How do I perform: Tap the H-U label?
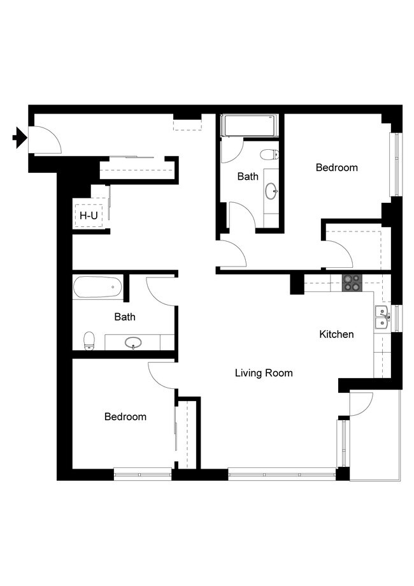(89, 216)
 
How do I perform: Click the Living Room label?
(264, 373)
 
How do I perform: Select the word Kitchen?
(336, 334)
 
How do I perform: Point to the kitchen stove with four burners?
(351, 282)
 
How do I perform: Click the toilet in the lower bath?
(90, 341)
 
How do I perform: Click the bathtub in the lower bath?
(97, 288)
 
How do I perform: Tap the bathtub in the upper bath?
(249, 126)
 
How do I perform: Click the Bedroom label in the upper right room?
(337, 168)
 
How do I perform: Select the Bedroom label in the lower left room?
(125, 417)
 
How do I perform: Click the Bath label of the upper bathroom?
(248, 177)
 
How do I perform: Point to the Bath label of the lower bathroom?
(125, 316)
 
